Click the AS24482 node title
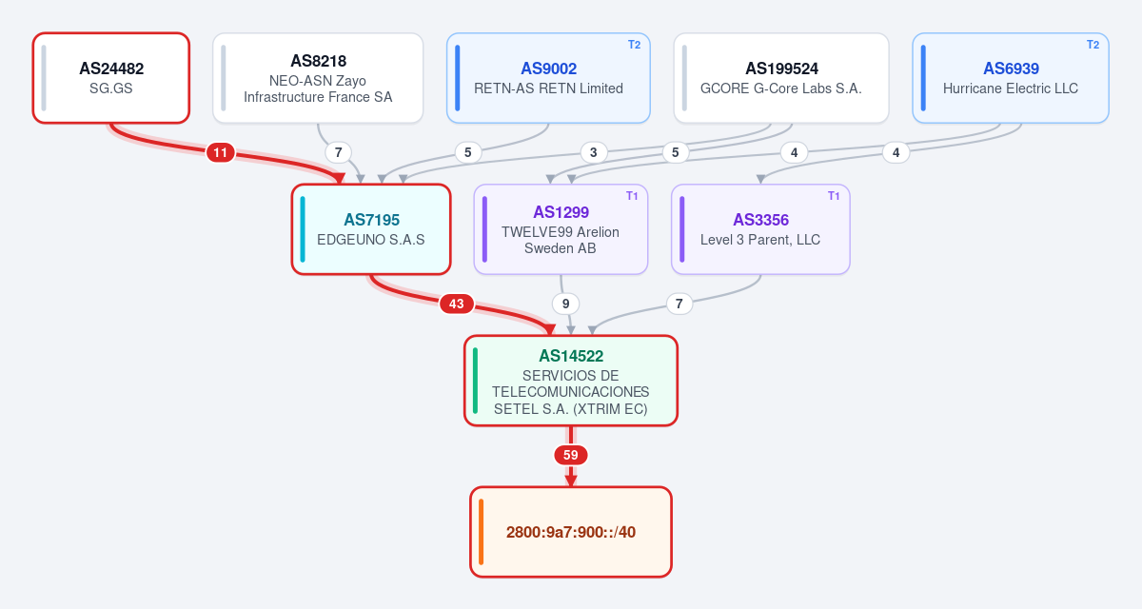pos(111,69)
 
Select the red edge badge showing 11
pos(220,152)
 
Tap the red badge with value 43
pos(456,304)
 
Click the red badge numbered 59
pos(570,455)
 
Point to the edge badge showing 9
pos(565,304)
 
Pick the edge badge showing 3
pos(594,152)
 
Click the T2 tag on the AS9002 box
pos(634,45)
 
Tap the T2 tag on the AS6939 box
pos(1093,45)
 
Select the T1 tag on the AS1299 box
pos(632,196)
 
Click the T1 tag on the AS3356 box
pos(834,196)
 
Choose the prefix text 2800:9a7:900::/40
pos(570,532)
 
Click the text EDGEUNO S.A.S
pos(370,240)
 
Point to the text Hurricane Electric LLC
pos(1011,88)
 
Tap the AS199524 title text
pos(781,69)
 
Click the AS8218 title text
pos(318,61)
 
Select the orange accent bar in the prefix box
pos(482,532)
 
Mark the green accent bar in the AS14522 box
pos(475,381)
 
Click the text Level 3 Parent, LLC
pos(760,240)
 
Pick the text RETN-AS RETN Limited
pos(548,88)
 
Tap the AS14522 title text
pos(571,356)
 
